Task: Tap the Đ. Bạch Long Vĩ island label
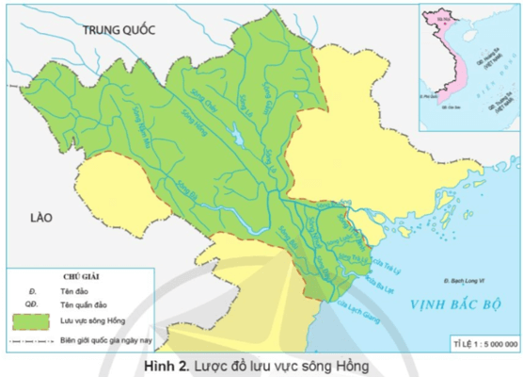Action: [469, 280]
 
